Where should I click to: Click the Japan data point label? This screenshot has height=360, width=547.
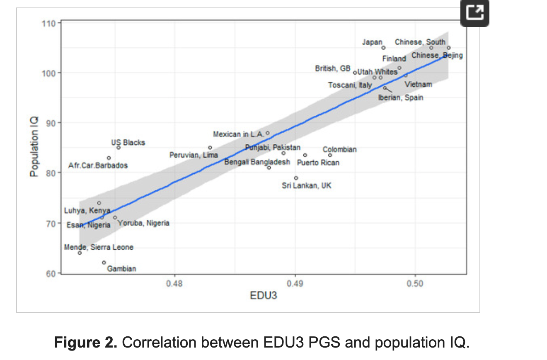[x=372, y=42]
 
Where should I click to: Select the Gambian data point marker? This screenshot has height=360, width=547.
[x=104, y=263]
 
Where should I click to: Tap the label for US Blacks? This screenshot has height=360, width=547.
[x=128, y=142]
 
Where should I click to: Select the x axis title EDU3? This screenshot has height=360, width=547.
[x=264, y=296]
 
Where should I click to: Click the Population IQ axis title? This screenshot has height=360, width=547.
[x=34, y=147]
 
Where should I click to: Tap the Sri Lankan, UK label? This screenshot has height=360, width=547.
[x=307, y=186]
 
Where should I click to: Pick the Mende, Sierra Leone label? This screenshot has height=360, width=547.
[x=99, y=247]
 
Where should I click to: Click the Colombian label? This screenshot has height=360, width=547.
[x=339, y=150]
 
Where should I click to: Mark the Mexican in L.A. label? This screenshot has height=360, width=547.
[x=238, y=134]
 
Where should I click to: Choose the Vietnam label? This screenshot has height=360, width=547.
[x=418, y=85]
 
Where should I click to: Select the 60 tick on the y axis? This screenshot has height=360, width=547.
[x=51, y=274]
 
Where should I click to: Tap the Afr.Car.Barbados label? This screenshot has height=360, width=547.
[x=98, y=165]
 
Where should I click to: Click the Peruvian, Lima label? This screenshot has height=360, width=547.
[x=194, y=155]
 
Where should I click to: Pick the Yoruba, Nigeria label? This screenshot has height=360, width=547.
[x=143, y=223]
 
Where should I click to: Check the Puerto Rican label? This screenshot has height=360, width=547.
[x=318, y=163]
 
